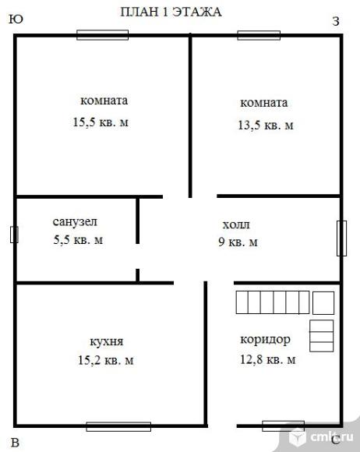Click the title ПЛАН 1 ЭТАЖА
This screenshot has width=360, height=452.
[x=171, y=12]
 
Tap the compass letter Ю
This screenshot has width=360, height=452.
[x=16, y=19]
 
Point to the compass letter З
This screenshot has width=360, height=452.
[x=336, y=21]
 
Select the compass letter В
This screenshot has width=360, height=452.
[x=15, y=443]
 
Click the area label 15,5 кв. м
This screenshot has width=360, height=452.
[x=101, y=122]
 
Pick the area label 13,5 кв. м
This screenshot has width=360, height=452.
[x=266, y=125]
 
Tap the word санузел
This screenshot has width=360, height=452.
[x=75, y=221]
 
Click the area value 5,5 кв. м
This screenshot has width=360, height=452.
[x=78, y=240]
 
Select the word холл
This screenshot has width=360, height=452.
[x=236, y=224]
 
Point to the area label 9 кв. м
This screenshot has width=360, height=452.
[x=238, y=242]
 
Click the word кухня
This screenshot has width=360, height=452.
[x=107, y=341]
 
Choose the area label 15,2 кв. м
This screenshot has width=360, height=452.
[x=106, y=360]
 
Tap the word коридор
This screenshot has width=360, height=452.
[x=265, y=340]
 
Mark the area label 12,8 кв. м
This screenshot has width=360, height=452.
[x=268, y=359]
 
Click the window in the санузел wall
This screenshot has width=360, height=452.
[x=14, y=235]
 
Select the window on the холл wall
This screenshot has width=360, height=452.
[x=341, y=238]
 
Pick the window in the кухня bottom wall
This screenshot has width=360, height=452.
[x=118, y=426]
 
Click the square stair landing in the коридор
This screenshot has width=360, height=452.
[x=323, y=303]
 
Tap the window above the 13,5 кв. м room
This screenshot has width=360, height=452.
[x=259, y=35]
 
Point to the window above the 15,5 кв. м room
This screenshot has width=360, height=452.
[x=103, y=35]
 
